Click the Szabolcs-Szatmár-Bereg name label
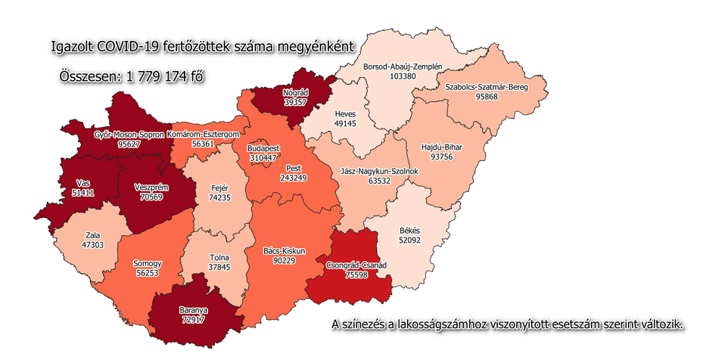click(x=485, y=87)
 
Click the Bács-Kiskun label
click(x=290, y=250)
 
